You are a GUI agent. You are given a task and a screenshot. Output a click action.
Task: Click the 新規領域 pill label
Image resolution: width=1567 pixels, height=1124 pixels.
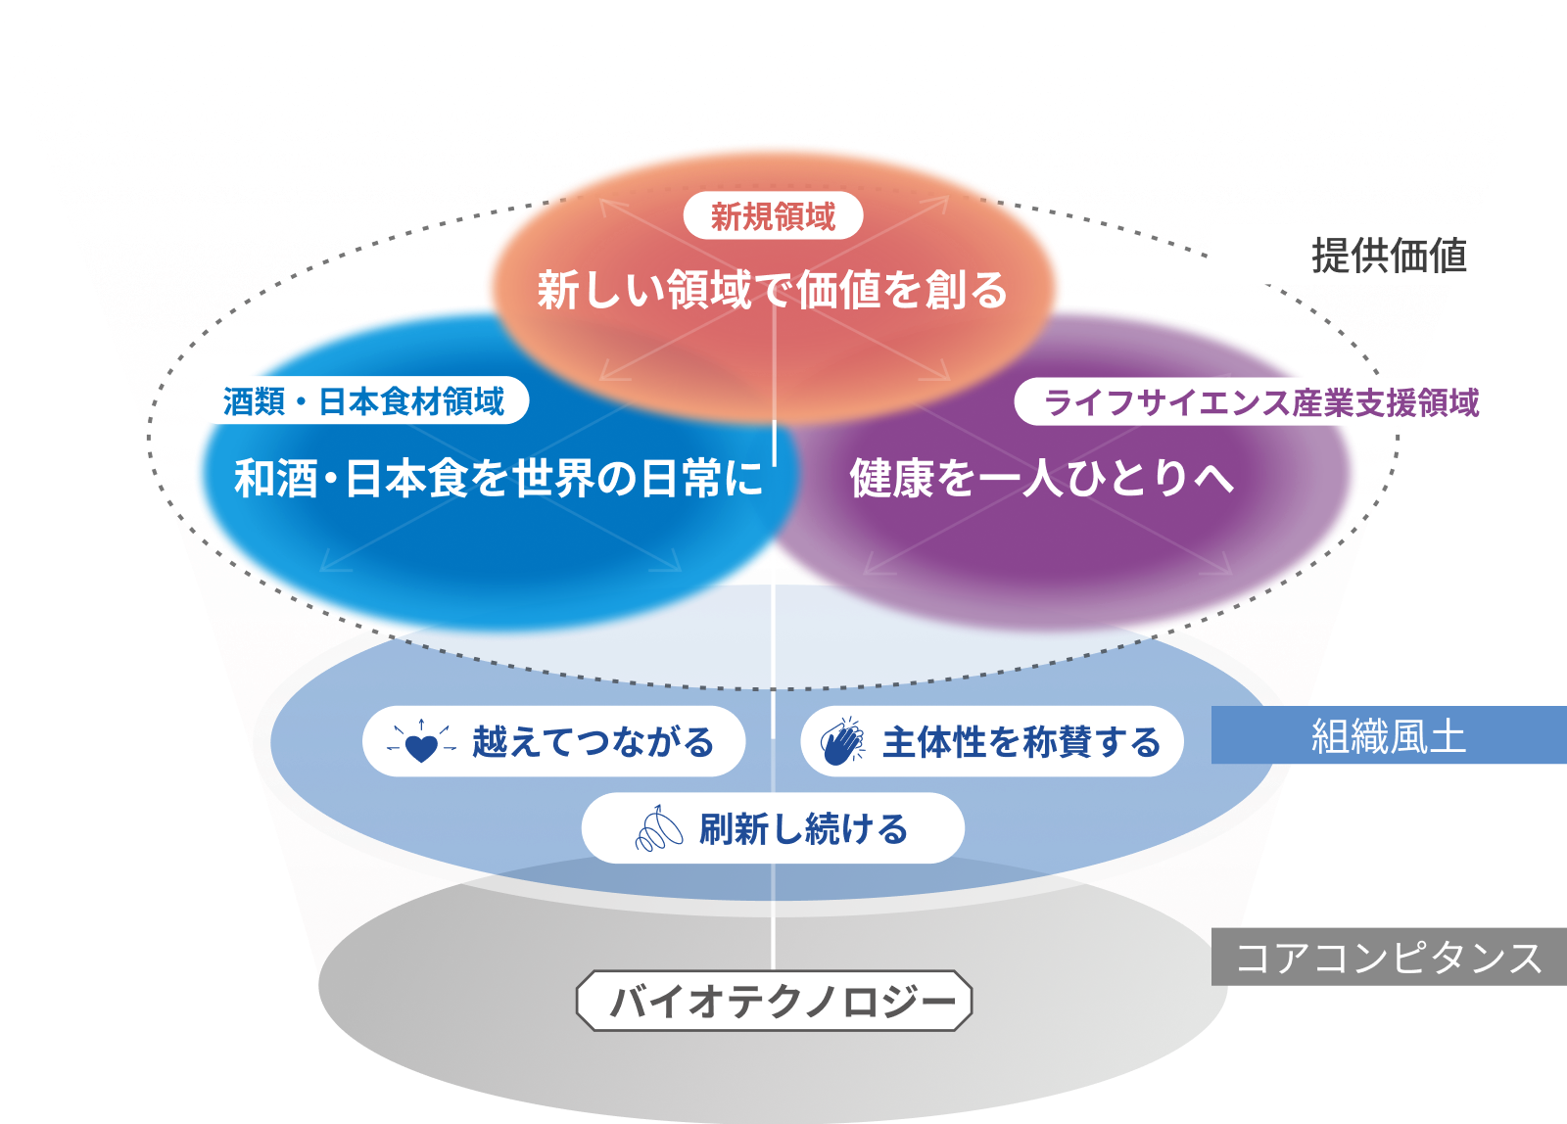773,216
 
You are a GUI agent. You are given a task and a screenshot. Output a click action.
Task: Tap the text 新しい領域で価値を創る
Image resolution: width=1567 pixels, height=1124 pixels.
772,290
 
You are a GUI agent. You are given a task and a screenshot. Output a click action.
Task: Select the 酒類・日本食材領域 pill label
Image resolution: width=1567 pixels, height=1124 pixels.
364,401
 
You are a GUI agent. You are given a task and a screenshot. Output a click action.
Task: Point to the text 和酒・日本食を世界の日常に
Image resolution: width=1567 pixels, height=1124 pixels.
499,479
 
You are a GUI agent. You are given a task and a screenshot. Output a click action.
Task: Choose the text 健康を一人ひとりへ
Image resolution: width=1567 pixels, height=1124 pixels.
1041,479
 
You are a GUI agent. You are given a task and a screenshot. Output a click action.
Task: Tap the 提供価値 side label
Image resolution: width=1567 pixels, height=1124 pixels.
1389,257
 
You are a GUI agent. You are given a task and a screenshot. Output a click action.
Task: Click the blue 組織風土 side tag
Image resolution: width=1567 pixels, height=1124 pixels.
1389,736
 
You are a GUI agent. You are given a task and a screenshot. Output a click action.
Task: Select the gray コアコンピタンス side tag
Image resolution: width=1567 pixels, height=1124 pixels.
1389,958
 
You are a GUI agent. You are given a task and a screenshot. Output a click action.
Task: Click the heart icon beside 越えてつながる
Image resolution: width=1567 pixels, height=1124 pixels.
421,744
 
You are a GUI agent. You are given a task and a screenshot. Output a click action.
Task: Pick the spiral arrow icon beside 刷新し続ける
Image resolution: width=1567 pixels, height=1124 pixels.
659,829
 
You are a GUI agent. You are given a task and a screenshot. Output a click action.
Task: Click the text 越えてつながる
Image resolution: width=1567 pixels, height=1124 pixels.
593,742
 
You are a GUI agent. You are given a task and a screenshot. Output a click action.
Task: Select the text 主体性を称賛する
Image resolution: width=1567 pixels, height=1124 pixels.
1021,742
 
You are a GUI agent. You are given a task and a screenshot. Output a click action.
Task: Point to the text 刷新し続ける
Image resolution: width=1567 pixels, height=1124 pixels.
803,829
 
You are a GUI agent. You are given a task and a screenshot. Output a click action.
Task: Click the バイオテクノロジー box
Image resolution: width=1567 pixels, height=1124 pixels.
774,1002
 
